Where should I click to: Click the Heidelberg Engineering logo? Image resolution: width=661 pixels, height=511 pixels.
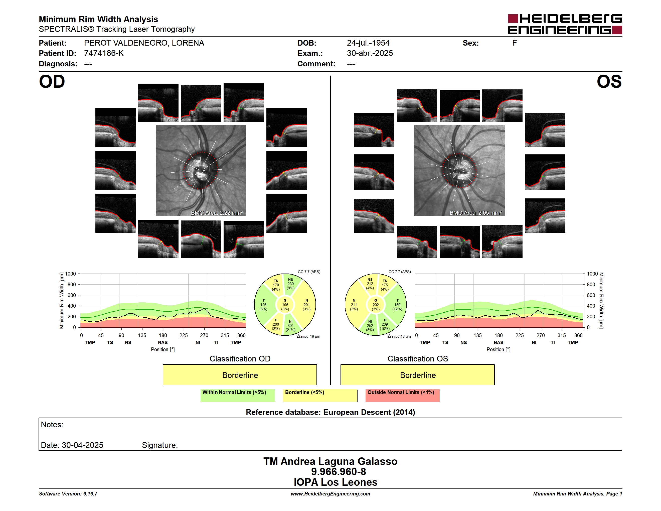pyautogui.click(x=565, y=24)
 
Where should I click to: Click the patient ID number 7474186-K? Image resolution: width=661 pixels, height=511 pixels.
pyautogui.click(x=104, y=53)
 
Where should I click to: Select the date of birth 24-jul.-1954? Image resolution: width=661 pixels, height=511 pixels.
pyautogui.click(x=368, y=43)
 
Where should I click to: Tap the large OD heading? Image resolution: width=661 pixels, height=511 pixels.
pyautogui.click(x=52, y=82)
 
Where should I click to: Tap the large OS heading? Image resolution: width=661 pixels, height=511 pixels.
pyautogui.click(x=609, y=82)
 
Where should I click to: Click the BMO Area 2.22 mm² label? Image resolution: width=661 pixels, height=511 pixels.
pyautogui.click(x=217, y=213)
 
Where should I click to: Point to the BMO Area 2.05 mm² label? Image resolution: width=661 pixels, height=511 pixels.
pyautogui.click(x=475, y=213)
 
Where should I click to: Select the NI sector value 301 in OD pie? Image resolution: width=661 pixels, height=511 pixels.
pyautogui.click(x=290, y=326)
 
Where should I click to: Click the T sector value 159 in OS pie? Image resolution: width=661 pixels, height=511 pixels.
pyautogui.click(x=397, y=305)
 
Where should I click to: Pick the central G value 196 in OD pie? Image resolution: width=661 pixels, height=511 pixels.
pyautogui.click(x=285, y=305)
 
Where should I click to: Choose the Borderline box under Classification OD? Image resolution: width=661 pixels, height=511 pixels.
pyautogui.click(x=240, y=375)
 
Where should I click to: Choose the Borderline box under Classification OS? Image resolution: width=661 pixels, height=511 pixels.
pyautogui.click(x=418, y=375)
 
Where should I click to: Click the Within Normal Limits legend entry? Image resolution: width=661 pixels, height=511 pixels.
pyautogui.click(x=238, y=395)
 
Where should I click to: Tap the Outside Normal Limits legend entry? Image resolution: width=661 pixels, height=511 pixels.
pyautogui.click(x=403, y=395)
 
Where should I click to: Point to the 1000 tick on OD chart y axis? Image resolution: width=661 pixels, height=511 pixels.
pyautogui.click(x=71, y=274)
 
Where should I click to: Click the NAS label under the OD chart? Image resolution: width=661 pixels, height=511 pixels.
pyautogui.click(x=163, y=342)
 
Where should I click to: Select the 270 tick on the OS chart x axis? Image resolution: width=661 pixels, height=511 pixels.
pyautogui.click(x=541, y=335)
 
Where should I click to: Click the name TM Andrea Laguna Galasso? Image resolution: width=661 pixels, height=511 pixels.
pyautogui.click(x=330, y=461)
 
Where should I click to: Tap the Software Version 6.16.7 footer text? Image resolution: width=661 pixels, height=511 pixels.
pyautogui.click(x=68, y=494)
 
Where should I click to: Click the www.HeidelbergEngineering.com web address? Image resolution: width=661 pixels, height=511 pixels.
pyautogui.click(x=330, y=494)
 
